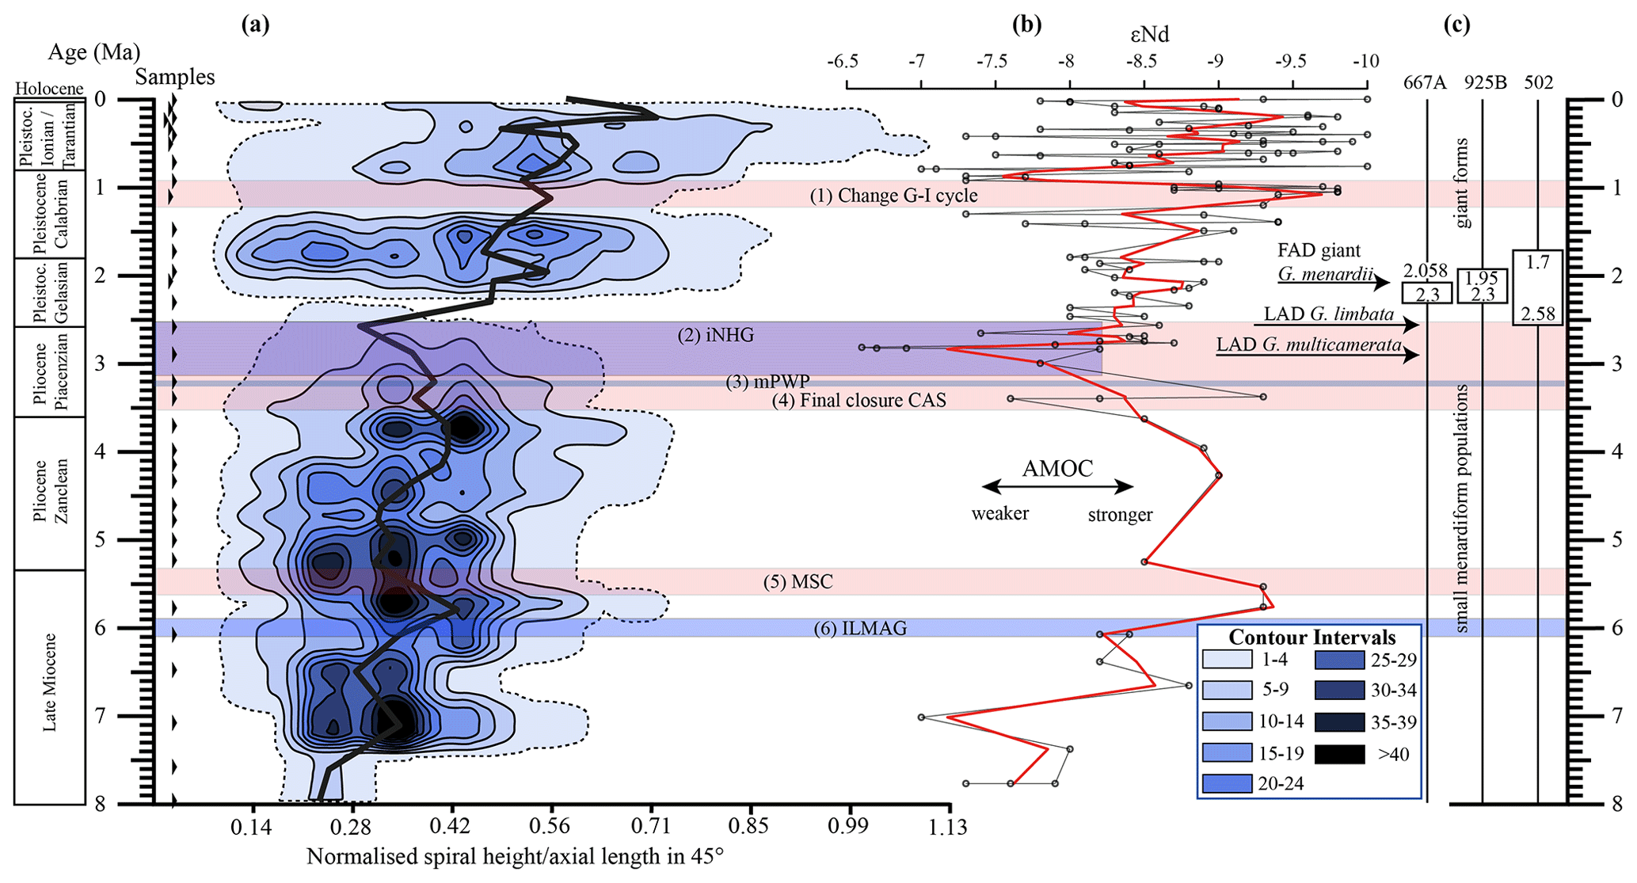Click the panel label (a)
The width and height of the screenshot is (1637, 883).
[x=255, y=25]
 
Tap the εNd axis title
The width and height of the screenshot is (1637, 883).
[x=1149, y=35]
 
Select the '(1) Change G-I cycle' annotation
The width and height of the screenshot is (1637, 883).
[x=893, y=196]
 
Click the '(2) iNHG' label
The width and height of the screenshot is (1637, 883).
[x=715, y=335]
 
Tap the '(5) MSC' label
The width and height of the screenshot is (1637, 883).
[x=798, y=582]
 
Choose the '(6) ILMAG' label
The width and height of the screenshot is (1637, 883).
[x=860, y=629]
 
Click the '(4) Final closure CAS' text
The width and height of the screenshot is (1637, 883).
[x=859, y=400]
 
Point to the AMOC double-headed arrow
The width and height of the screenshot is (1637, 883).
[x=1057, y=487]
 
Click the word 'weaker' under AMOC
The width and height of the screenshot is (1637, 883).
[x=1000, y=514]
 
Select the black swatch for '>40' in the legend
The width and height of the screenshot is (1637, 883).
[x=1339, y=754]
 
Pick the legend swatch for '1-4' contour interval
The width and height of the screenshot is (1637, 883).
[x=1227, y=660]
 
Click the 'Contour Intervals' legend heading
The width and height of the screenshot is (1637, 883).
[x=1312, y=638]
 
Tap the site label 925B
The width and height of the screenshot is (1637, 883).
[x=1485, y=82]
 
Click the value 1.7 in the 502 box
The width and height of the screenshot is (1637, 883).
[x=1537, y=262]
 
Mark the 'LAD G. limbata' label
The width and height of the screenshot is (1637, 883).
[x=1328, y=314]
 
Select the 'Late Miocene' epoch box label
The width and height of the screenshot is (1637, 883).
[x=50, y=682]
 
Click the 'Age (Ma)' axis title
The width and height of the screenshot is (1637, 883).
[x=94, y=52]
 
